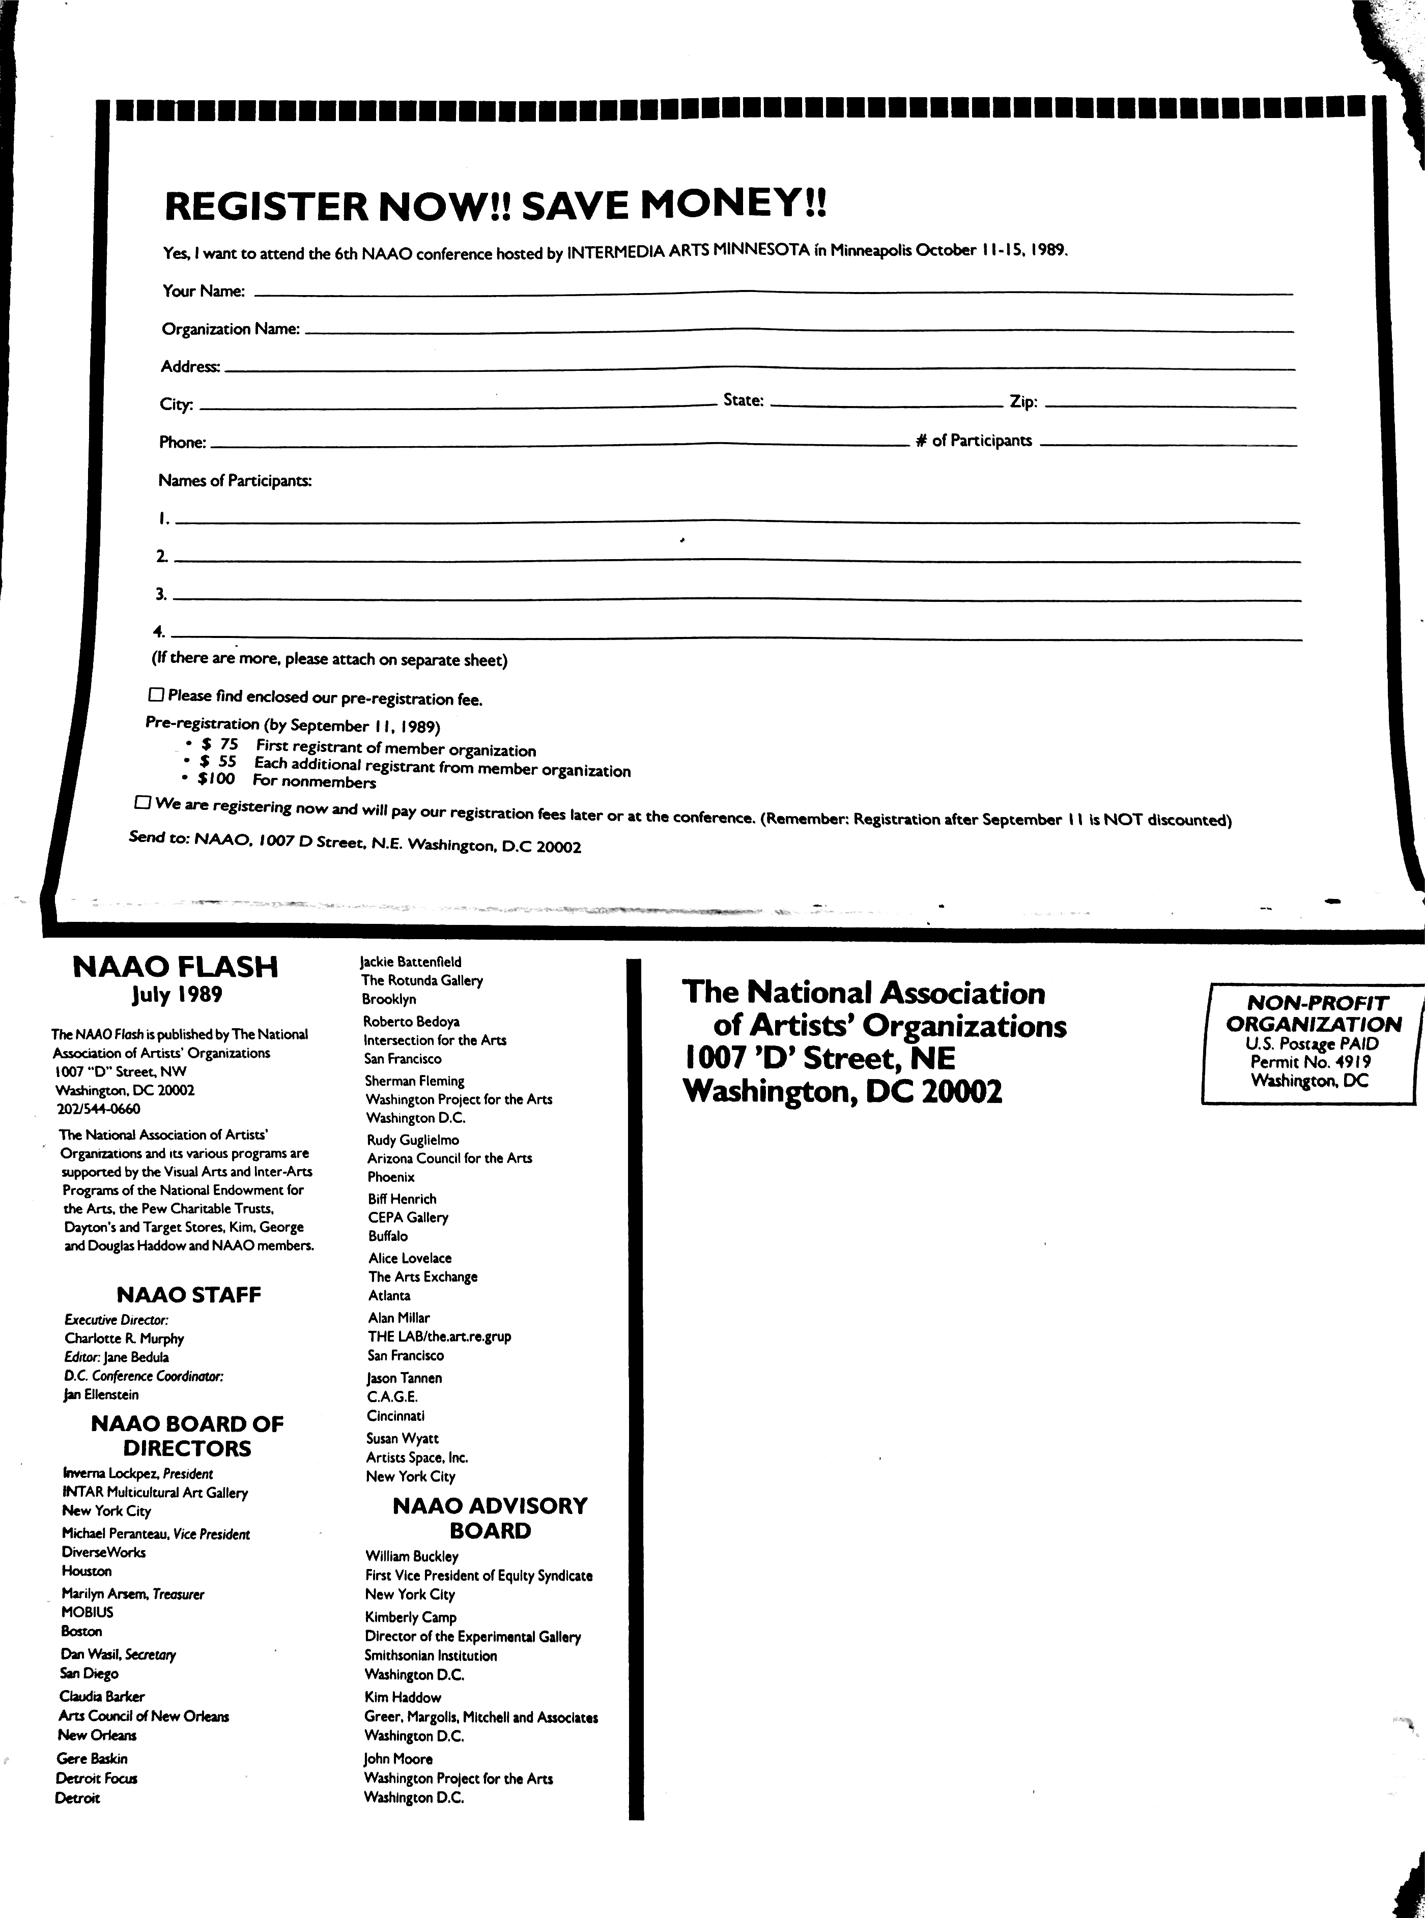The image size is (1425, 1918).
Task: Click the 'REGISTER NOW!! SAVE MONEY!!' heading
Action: pyautogui.click(x=495, y=205)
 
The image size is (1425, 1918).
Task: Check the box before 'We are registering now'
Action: pyautogui.click(x=142, y=802)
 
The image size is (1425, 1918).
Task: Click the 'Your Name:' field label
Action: pyautogui.click(x=204, y=290)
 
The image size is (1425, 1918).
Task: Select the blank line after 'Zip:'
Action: pyautogui.click(x=1171, y=405)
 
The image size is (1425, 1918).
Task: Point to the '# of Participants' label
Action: pyautogui.click(x=974, y=441)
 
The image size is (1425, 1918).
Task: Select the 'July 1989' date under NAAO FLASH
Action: pyautogui.click(x=177, y=995)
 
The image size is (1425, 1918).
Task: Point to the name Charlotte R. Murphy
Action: pyautogui.click(x=124, y=1339)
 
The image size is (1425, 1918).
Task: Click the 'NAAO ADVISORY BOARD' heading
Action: pyautogui.click(x=490, y=1518)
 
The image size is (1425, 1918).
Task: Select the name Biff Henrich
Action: pyautogui.click(x=402, y=1199)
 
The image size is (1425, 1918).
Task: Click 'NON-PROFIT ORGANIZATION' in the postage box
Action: pyautogui.click(x=1313, y=1013)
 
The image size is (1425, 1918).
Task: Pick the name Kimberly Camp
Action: pyautogui.click(x=411, y=1617)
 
